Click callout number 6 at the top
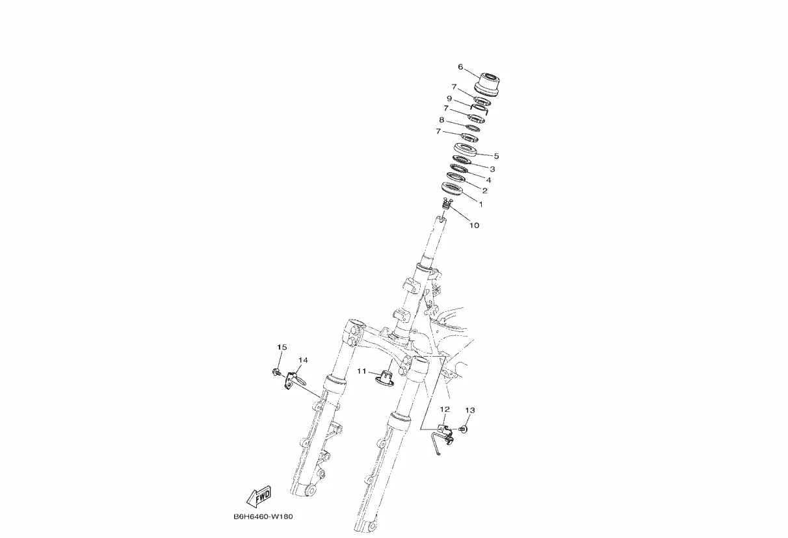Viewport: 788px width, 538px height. [460, 67]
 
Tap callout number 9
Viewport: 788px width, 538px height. [449, 99]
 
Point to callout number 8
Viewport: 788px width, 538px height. [441, 120]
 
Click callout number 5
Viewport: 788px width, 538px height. [496, 156]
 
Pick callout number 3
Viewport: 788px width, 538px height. [492, 169]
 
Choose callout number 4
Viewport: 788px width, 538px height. [488, 180]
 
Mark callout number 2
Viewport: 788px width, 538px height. [484, 191]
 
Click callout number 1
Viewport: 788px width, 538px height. [480, 203]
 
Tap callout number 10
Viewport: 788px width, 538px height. [474, 225]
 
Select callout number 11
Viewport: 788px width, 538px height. [362, 371]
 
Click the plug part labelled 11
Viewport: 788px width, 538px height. [386, 377]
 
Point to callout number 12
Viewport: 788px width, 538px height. [445, 410]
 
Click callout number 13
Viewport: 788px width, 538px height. [470, 411]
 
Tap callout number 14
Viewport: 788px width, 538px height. [303, 360]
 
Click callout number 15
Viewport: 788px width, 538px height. [282, 348]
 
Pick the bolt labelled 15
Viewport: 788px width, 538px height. [276, 373]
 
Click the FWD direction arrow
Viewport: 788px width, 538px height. [259, 496]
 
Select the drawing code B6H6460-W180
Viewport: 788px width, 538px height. [263, 518]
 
